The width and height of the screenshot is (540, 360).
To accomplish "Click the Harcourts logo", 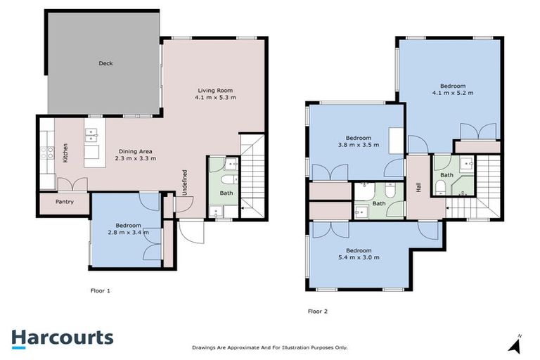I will click(x=62, y=337).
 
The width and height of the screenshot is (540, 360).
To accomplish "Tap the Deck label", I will click(x=105, y=63).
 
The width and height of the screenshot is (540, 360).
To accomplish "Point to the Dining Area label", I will click(x=136, y=155).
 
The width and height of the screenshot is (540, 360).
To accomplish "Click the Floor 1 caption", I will click(x=101, y=290).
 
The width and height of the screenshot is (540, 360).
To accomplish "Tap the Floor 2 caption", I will click(x=318, y=310).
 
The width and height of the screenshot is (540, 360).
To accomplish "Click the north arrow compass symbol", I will click(x=517, y=344).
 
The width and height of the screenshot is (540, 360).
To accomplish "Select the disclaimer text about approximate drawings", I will click(x=270, y=347).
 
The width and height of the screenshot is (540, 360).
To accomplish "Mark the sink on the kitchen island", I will click(x=91, y=134).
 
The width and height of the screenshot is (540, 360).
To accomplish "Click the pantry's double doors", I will click(x=72, y=184).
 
